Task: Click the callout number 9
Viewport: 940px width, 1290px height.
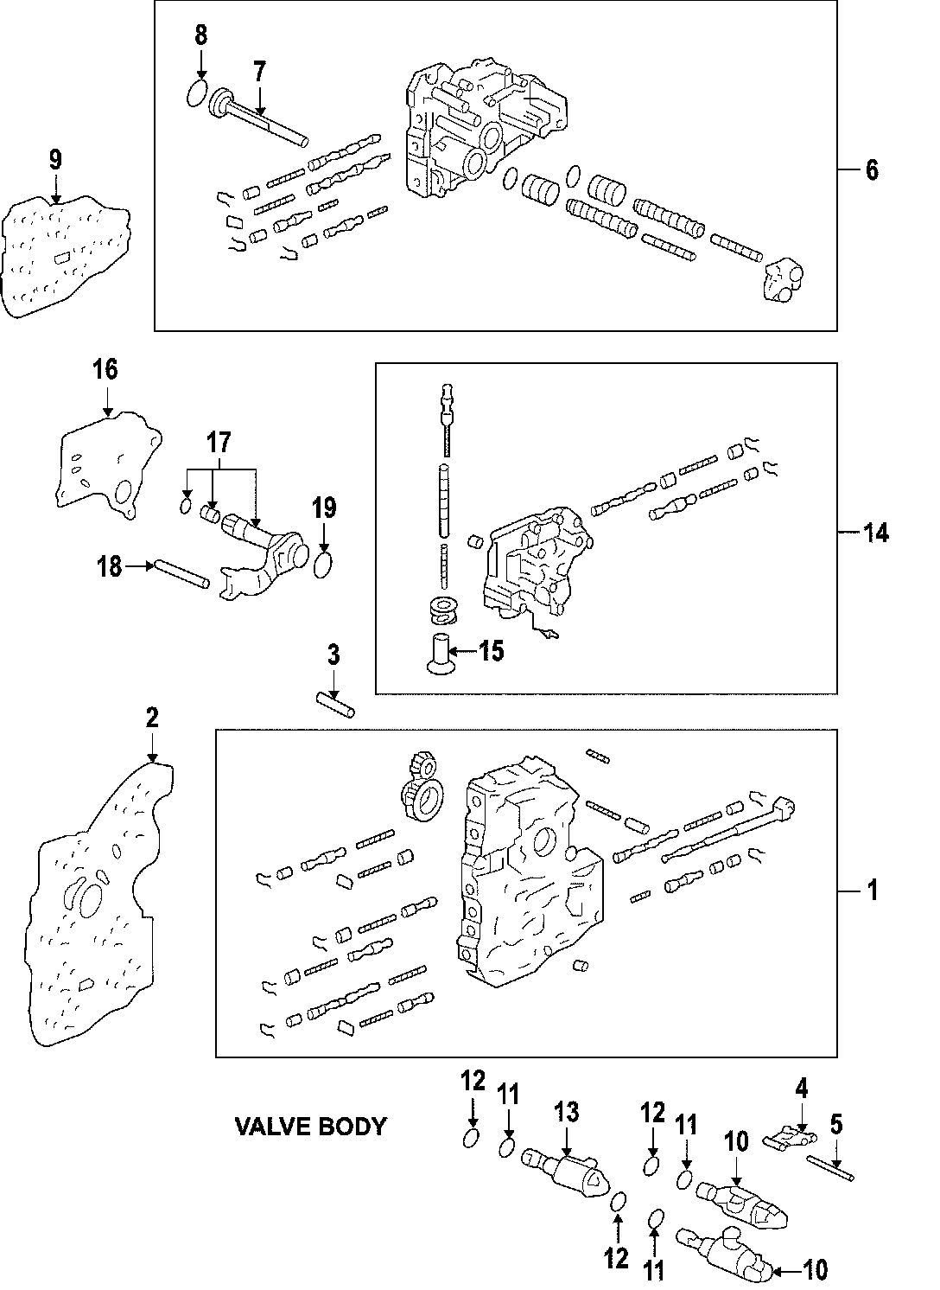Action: tap(55, 159)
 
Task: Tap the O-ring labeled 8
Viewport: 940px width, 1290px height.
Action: tap(198, 94)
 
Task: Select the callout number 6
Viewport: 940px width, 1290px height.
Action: tap(871, 170)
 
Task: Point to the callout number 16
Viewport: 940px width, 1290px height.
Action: tap(105, 370)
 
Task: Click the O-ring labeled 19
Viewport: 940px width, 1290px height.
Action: tap(323, 565)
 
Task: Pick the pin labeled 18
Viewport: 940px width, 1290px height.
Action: tap(181, 574)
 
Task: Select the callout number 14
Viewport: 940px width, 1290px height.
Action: tap(875, 533)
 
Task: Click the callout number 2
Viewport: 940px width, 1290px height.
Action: tap(152, 717)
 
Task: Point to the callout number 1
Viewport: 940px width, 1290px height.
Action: tap(872, 890)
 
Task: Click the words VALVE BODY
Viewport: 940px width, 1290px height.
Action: tap(310, 1126)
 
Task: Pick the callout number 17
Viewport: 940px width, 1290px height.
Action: tap(219, 444)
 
